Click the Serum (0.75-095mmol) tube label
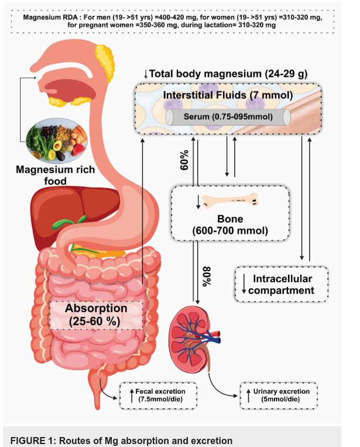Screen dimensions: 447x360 [229, 117]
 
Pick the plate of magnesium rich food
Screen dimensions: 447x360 [58, 140]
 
